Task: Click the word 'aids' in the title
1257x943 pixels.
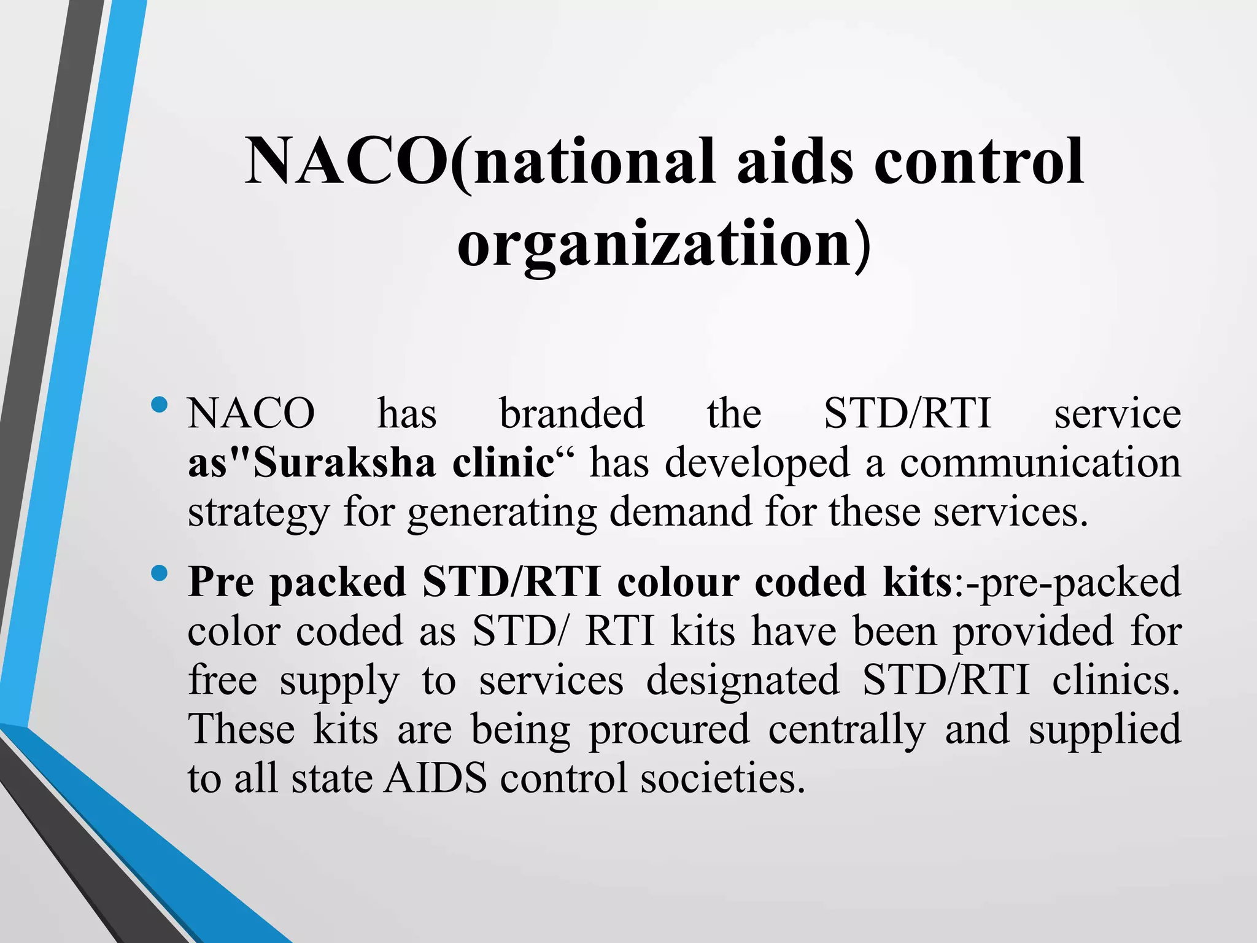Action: click(x=795, y=161)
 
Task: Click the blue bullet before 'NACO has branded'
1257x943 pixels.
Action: click(x=159, y=405)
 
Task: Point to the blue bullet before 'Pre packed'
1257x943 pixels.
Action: click(x=159, y=573)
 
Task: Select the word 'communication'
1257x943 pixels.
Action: click(x=1040, y=462)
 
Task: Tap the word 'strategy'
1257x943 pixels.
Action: click(x=257, y=513)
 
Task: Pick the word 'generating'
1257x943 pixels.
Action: click(x=502, y=513)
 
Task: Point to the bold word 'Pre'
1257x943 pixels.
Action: click(x=220, y=581)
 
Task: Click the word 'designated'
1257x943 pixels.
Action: click(x=743, y=680)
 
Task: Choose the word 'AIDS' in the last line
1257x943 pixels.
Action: click(x=435, y=778)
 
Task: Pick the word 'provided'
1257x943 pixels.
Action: click(x=1032, y=631)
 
